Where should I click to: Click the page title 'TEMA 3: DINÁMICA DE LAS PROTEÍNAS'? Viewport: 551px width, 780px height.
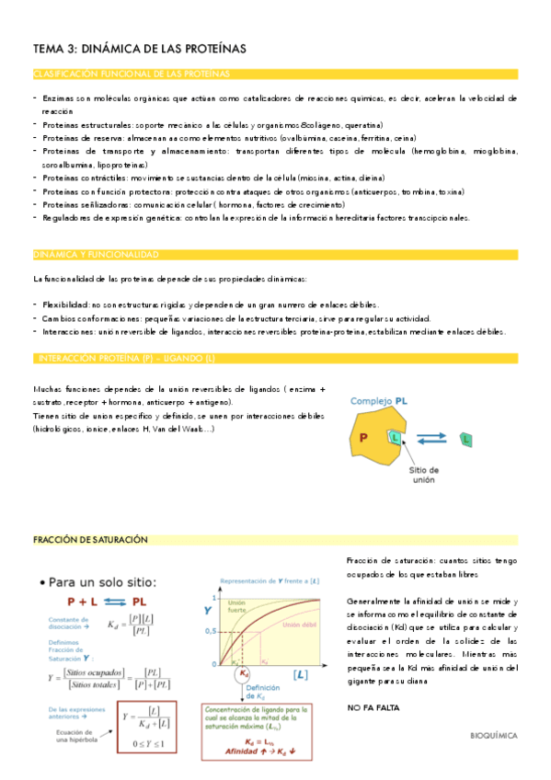coord(139,49)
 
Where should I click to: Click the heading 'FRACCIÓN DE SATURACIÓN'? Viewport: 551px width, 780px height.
coord(90,541)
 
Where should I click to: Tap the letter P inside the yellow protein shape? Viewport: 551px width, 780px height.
coord(362,437)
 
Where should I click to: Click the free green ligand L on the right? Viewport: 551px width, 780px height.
coord(466,441)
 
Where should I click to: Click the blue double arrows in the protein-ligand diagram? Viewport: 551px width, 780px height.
coord(430,440)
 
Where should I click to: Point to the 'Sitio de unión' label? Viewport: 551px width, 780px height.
coord(422,475)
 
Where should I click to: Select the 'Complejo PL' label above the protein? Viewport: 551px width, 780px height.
coord(378,401)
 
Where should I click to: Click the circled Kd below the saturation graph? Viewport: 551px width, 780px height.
coord(243,674)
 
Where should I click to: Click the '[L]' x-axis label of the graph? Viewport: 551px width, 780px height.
coord(300,675)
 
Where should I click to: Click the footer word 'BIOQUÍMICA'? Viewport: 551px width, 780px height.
coord(493,736)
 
